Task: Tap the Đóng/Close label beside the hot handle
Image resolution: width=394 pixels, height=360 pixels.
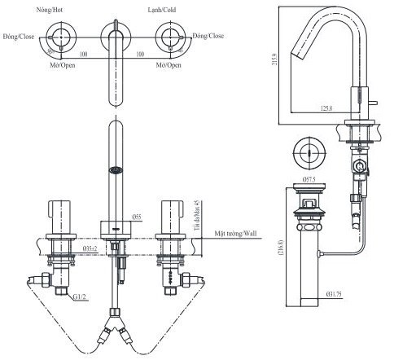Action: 18,37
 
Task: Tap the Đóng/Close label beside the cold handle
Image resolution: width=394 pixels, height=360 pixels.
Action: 209,37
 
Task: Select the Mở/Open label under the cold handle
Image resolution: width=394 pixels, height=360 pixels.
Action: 170,65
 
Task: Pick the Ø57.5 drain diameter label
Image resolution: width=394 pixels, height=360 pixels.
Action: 309,178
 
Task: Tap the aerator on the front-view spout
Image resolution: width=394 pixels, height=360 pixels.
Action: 116,169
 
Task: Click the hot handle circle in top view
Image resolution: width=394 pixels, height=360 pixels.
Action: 61,37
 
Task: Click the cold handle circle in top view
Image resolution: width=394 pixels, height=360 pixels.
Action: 170,37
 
